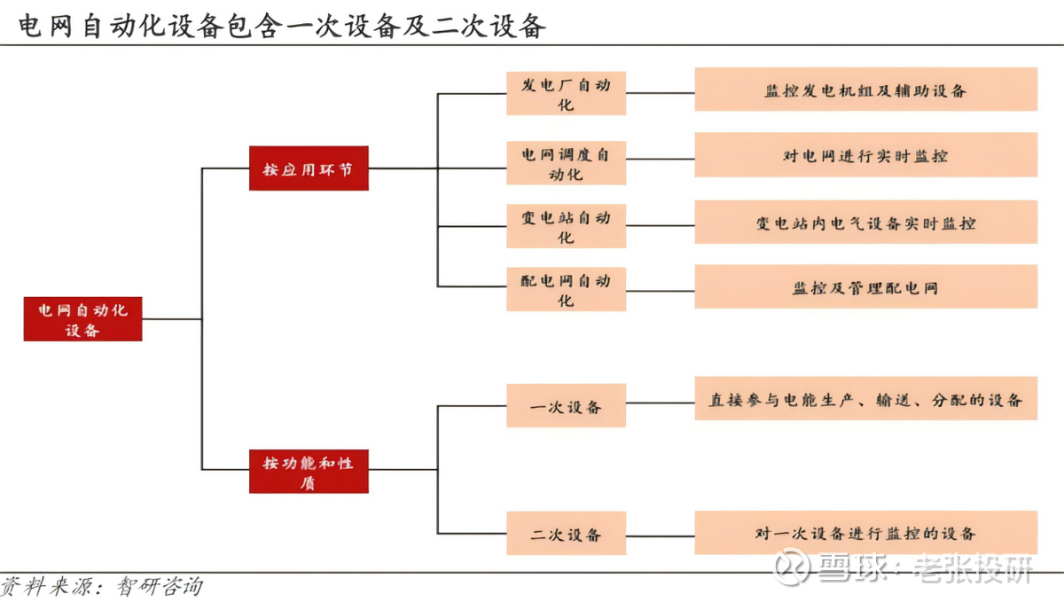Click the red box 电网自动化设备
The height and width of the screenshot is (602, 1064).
(x=82, y=319)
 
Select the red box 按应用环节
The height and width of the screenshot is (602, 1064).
(x=309, y=168)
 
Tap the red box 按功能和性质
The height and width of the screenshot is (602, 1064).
(x=309, y=472)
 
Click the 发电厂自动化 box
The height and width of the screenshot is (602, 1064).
(x=566, y=94)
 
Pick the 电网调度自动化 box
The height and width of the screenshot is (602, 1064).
(x=566, y=163)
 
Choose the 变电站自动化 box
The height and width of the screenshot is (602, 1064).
(x=566, y=227)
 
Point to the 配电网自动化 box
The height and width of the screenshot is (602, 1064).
(x=566, y=290)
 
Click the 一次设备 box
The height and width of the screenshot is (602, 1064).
(x=566, y=406)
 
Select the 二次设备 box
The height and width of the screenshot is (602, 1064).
(x=566, y=534)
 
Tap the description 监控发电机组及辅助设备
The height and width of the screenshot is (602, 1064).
(x=865, y=90)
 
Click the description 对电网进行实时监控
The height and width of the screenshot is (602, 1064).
(x=865, y=155)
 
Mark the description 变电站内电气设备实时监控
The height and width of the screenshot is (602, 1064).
(x=865, y=223)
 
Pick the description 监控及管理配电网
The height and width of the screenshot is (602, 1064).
(x=865, y=287)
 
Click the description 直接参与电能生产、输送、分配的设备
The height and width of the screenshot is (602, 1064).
(x=865, y=399)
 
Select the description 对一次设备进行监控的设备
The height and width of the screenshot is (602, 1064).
(x=865, y=533)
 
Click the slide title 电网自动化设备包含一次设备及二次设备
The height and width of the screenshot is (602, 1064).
(x=281, y=24)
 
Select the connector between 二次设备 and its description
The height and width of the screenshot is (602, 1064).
(x=660, y=533)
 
